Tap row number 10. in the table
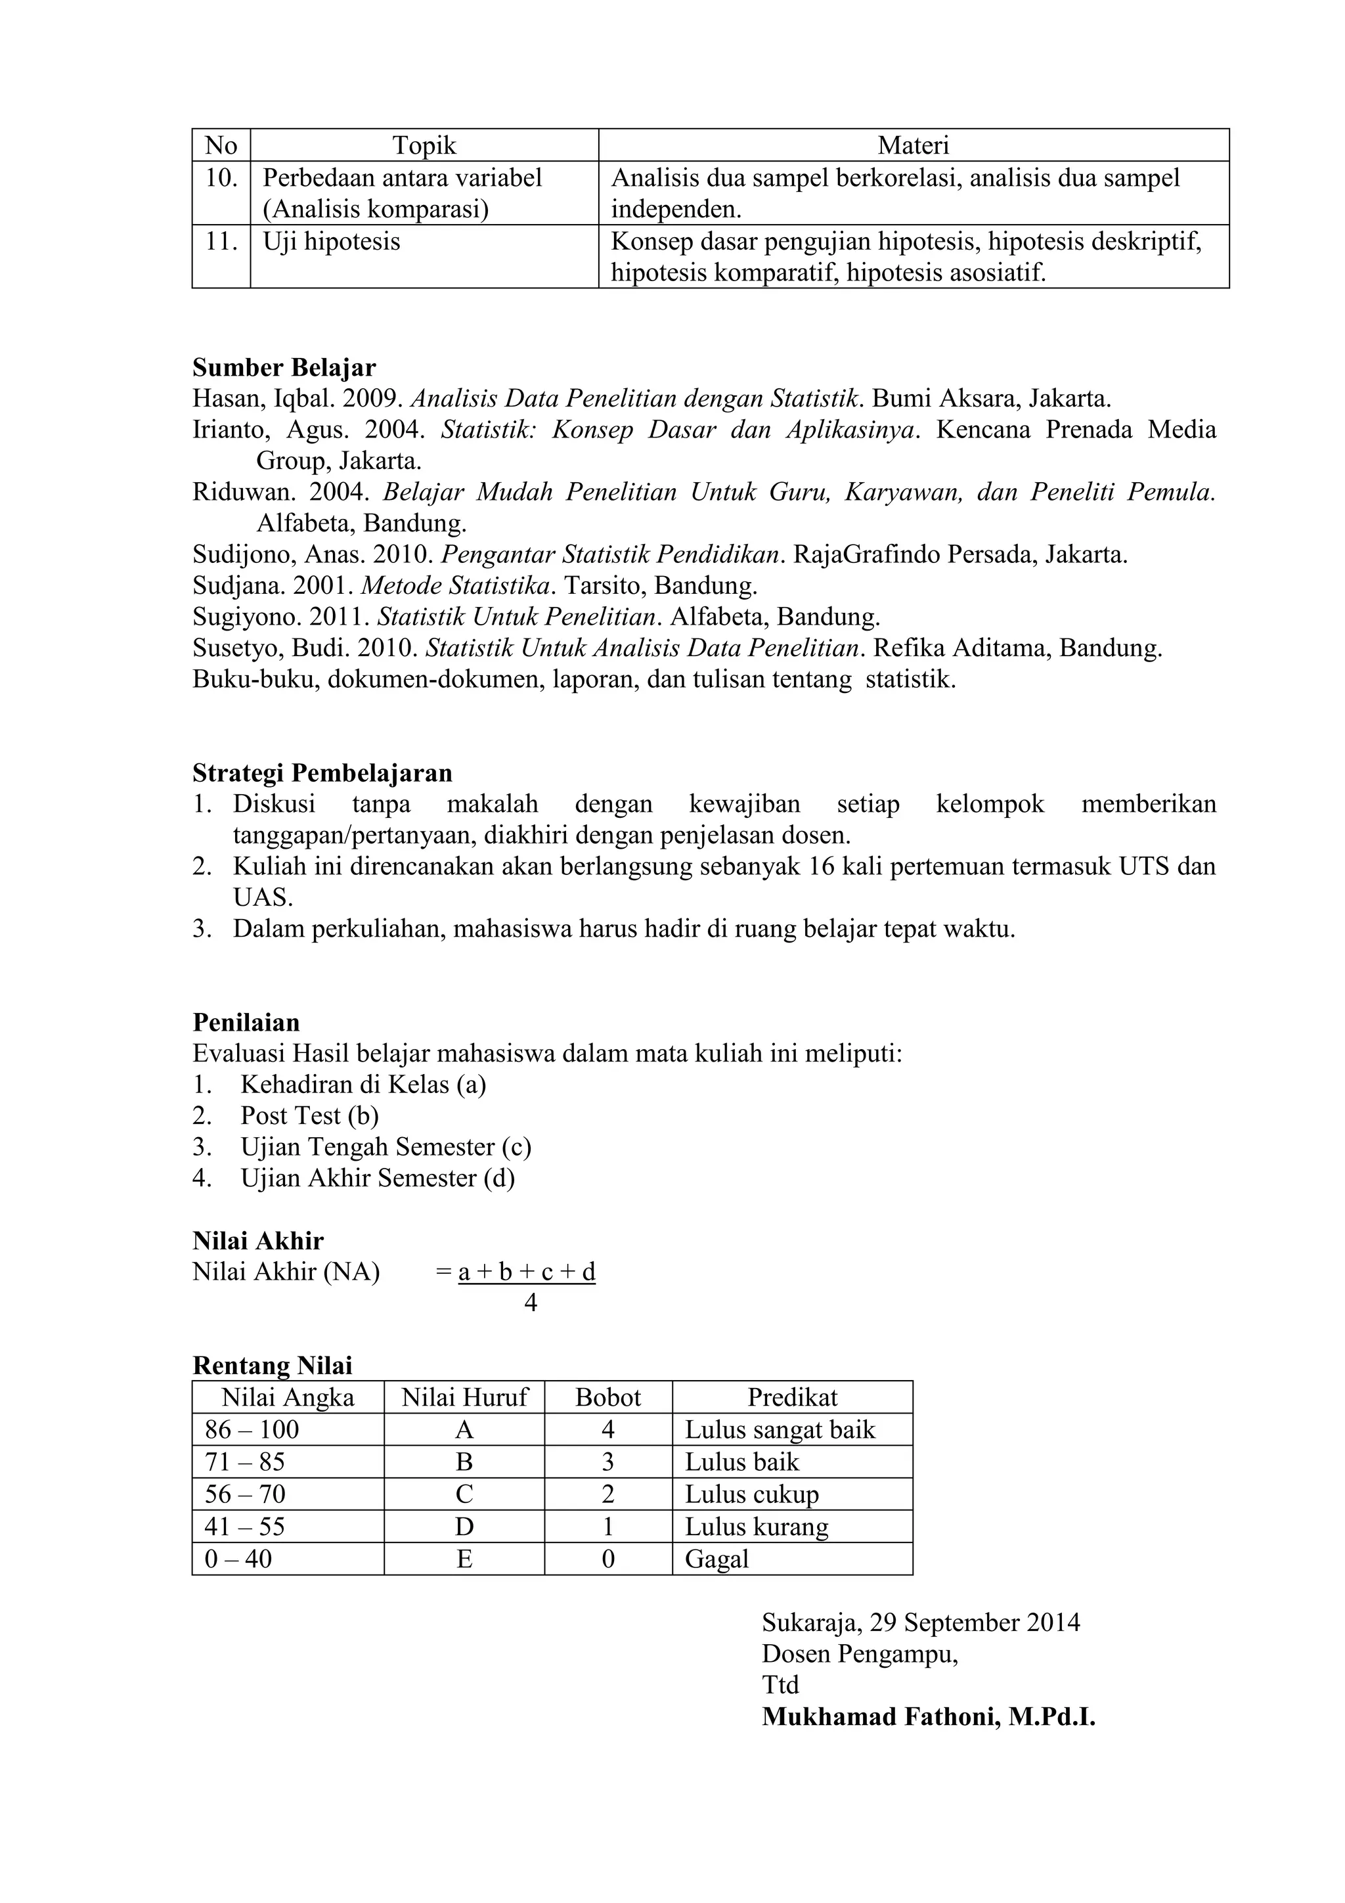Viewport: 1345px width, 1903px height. point(221,178)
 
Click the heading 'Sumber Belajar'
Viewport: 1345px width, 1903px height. point(284,367)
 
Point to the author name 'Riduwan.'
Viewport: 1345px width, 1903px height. point(244,492)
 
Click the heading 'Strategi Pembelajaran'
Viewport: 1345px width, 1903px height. point(322,772)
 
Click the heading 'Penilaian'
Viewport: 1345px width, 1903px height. point(246,1022)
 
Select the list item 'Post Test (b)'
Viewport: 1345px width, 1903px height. point(309,1115)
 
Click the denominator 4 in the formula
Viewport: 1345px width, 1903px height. point(531,1303)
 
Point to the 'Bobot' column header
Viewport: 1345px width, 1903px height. point(607,1397)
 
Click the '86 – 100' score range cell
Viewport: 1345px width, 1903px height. point(252,1430)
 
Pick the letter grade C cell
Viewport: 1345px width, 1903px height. point(464,1494)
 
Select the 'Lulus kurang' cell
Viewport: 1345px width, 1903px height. point(756,1527)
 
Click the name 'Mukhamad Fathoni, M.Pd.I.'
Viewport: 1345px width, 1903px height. point(928,1716)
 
